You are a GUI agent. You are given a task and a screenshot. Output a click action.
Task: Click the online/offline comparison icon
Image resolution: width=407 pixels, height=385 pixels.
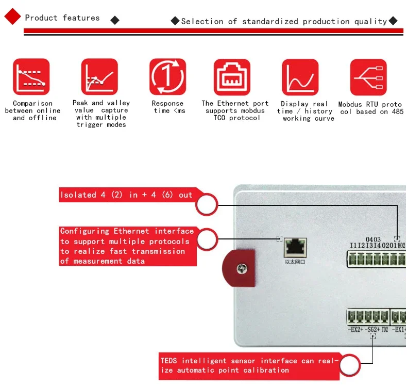(31, 77)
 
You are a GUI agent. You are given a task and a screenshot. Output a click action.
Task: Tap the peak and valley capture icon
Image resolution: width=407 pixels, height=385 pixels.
(99, 77)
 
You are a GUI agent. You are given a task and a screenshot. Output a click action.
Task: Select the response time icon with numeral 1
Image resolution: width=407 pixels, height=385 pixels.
(167, 77)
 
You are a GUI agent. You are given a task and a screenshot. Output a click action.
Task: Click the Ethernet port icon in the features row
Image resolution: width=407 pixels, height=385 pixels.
(232, 77)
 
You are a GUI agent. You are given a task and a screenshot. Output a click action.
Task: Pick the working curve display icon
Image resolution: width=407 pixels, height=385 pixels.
(300, 77)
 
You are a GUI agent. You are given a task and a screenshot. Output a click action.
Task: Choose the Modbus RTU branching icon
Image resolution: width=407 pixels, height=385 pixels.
(368, 77)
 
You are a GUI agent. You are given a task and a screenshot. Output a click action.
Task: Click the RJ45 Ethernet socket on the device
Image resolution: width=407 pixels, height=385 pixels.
(295, 247)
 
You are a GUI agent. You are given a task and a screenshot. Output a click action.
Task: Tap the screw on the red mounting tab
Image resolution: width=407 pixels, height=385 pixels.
(240, 268)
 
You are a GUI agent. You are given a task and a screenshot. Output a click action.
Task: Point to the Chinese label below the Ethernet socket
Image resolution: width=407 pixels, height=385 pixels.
(295, 262)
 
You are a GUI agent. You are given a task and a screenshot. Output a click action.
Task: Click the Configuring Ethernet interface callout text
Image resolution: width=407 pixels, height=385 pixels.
(127, 246)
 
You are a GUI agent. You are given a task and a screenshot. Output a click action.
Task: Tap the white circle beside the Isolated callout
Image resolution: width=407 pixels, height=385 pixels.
(207, 205)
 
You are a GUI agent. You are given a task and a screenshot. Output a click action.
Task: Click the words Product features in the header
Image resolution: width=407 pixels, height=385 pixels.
(62, 18)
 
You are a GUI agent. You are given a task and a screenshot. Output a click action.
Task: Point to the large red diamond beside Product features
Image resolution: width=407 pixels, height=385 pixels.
(12, 17)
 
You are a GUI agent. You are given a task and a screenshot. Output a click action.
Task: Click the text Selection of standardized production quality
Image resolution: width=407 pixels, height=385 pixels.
(284, 21)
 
